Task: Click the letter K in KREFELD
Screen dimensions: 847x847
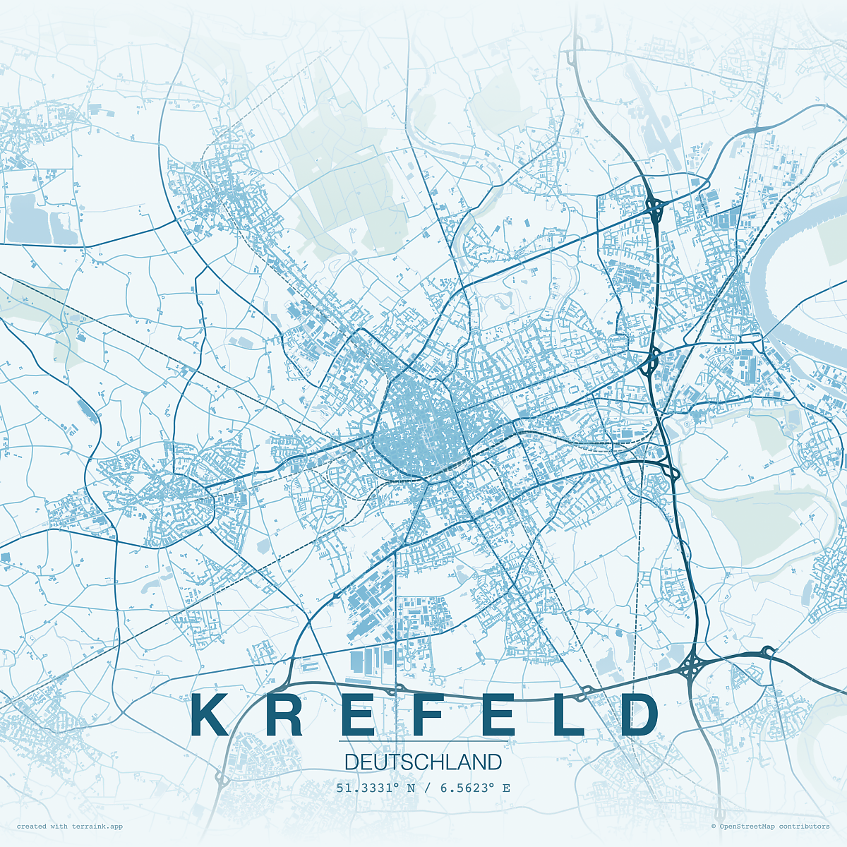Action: point(210,715)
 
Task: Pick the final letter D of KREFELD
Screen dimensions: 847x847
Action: point(639,715)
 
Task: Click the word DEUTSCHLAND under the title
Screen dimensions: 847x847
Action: point(423,762)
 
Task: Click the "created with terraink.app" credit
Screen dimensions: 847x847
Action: point(70,826)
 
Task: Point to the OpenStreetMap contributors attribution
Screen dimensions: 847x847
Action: point(770,826)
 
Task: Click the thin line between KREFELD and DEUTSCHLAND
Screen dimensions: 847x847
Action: point(423,741)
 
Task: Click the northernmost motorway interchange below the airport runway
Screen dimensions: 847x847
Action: point(654,206)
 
